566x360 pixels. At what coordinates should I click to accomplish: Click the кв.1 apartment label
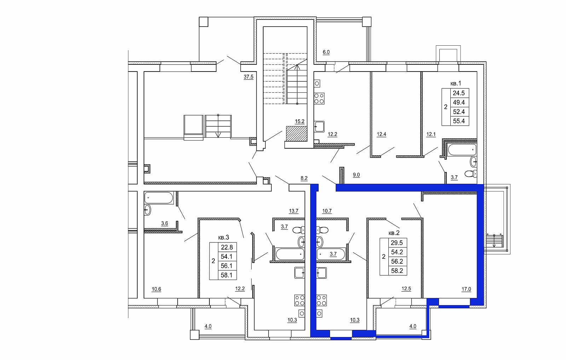point(456,84)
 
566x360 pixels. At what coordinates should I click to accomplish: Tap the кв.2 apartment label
point(394,233)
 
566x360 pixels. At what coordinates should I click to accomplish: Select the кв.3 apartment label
point(223,238)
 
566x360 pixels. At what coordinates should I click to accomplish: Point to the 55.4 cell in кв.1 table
point(459,121)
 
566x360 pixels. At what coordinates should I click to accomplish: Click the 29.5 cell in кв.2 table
point(397,243)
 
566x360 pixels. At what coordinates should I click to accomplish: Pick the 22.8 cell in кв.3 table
point(227,247)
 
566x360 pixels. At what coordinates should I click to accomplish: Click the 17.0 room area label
point(466,289)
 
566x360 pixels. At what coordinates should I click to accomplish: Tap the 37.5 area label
point(248,76)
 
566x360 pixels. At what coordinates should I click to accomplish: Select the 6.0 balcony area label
point(326,52)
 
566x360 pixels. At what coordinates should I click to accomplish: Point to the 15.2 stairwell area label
point(299,121)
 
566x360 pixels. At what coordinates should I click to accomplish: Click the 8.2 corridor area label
point(304,178)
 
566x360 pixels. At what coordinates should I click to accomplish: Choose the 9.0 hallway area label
point(356,175)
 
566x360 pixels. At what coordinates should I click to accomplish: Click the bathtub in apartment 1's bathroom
point(462,150)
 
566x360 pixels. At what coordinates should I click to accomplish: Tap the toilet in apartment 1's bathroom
point(470,174)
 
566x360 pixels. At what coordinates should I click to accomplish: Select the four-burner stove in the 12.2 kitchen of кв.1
point(319,99)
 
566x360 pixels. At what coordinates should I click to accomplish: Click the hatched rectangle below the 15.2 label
point(297,134)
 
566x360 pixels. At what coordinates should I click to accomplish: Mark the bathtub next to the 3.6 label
point(159,198)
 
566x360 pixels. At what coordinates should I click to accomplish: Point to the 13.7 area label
point(294,211)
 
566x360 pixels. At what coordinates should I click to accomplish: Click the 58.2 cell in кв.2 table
point(397,271)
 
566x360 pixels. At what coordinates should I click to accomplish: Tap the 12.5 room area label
point(406,289)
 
